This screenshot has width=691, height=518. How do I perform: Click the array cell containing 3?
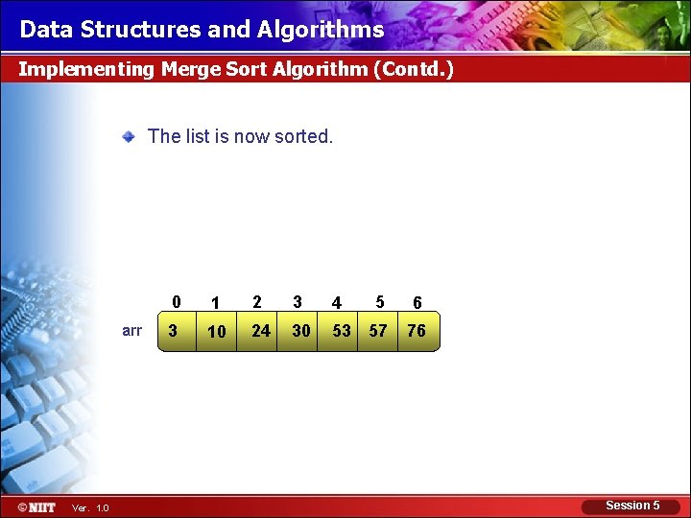[174, 331]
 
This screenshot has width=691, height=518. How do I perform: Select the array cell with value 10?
[217, 331]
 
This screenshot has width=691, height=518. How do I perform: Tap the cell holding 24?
[260, 331]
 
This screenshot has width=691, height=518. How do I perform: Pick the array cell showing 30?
[301, 331]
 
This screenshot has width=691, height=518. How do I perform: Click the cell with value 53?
[341, 331]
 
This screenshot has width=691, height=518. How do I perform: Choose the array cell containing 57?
[378, 331]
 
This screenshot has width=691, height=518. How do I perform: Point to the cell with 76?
[417, 331]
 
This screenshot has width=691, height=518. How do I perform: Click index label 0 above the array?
[176, 302]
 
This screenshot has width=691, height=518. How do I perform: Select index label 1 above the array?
[216, 303]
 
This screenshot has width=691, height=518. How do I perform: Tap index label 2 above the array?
[257, 302]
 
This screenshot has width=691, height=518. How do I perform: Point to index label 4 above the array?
[336, 303]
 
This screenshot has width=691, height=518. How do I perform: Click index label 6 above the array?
[417, 303]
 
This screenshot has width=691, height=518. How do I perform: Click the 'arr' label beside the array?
[132, 331]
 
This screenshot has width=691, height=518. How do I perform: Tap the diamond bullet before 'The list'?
[128, 137]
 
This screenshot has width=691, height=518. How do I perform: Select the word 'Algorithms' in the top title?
[321, 30]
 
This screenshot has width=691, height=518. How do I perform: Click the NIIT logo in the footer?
[36, 506]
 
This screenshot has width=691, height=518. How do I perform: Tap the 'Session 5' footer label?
[632, 506]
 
